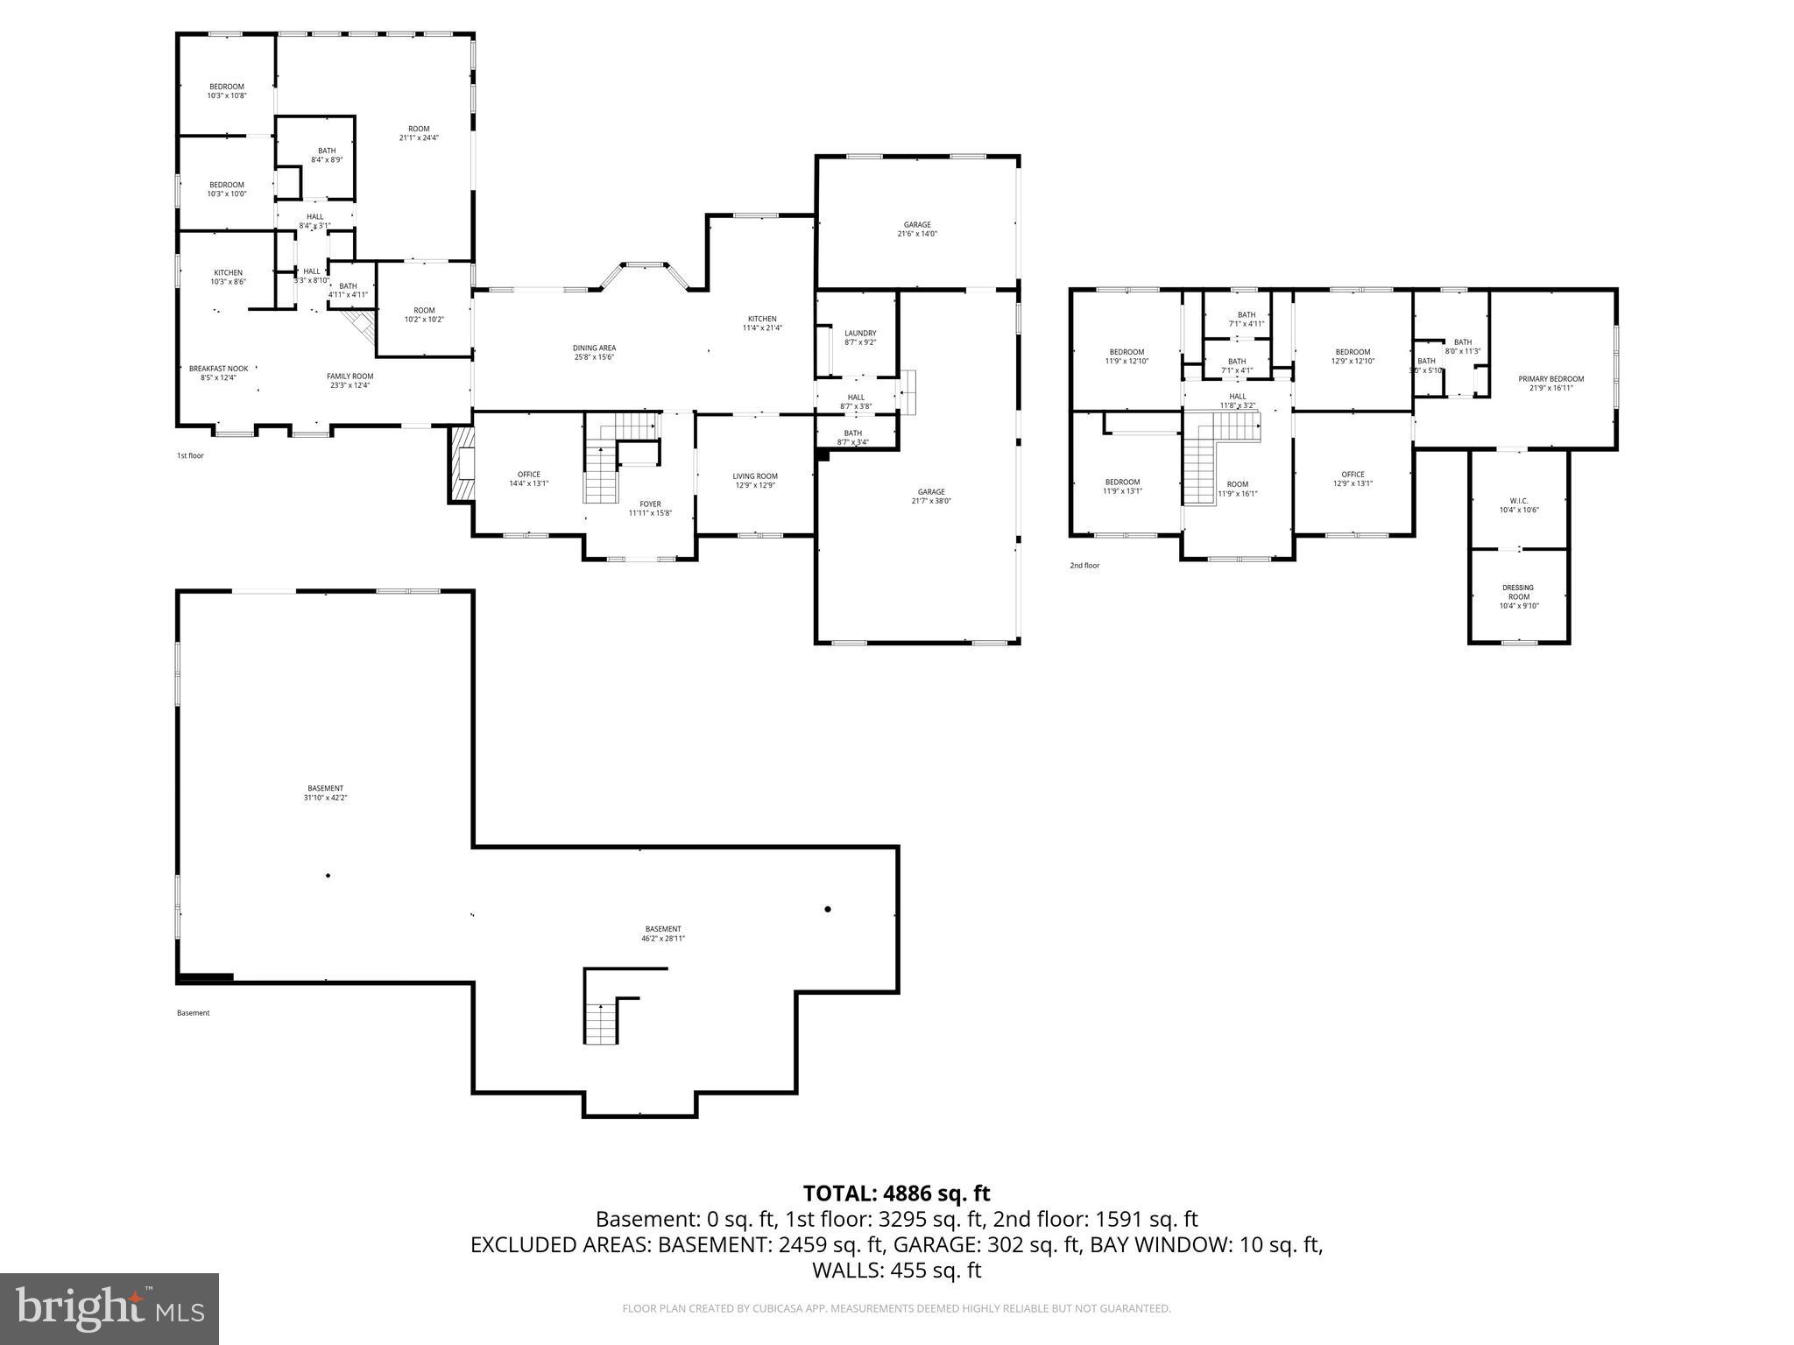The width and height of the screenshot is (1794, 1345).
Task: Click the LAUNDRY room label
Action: (x=859, y=333)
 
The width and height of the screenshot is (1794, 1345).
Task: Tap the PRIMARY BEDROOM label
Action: (x=1550, y=379)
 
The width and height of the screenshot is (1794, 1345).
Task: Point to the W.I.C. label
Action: (x=1519, y=501)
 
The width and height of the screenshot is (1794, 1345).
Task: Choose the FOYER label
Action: (x=650, y=503)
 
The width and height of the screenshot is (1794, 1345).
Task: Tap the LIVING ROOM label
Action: (x=755, y=476)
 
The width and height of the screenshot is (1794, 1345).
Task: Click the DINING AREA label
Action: (x=595, y=348)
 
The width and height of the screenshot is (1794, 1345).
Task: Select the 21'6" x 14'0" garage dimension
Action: (x=917, y=234)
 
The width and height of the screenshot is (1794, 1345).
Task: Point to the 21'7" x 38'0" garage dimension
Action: (x=931, y=501)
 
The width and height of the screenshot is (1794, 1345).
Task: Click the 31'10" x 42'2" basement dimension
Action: (x=325, y=798)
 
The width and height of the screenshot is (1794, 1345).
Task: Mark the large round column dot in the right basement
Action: (x=827, y=909)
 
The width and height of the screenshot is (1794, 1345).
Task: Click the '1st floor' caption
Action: (x=190, y=455)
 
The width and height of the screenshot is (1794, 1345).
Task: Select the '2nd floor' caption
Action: (x=1084, y=566)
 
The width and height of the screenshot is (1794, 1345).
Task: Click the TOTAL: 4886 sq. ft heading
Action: (x=896, y=1194)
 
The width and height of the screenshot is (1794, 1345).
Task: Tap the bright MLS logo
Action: (x=109, y=1308)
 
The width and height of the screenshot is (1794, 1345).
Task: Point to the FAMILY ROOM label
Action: (x=350, y=376)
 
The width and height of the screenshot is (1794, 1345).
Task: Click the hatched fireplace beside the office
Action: (x=461, y=464)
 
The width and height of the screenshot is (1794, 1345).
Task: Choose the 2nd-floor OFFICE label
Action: (x=1353, y=475)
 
